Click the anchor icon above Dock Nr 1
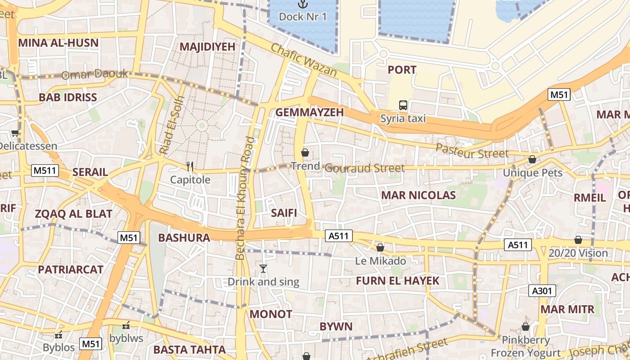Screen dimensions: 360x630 coord(303,4)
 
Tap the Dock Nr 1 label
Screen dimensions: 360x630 coord(303,17)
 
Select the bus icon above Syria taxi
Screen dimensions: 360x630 coord(403,105)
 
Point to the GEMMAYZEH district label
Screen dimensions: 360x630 coord(310,112)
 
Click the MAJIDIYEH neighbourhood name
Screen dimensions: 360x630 coord(207,47)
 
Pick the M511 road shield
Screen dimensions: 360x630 coord(42,171)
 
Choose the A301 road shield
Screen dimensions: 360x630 coord(542,291)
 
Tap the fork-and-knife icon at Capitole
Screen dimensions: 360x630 coord(190,167)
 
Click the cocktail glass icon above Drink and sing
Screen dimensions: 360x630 coord(263,269)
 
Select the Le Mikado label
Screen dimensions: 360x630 coord(380,261)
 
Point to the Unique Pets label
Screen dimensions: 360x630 coord(532,173)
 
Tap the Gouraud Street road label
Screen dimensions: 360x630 coord(364,168)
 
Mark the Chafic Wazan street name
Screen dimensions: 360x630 coord(303,60)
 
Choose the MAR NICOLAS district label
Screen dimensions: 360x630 coord(418,195)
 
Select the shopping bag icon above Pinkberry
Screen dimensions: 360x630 coord(525,327)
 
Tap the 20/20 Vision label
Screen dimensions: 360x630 coord(578,253)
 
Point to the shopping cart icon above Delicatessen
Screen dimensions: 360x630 coord(15,133)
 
